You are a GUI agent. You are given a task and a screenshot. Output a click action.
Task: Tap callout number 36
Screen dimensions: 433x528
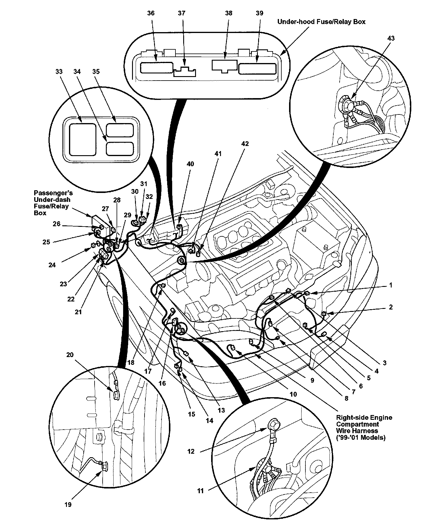pos(151,13)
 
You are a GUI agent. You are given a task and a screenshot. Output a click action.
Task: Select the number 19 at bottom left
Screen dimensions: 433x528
pos(68,505)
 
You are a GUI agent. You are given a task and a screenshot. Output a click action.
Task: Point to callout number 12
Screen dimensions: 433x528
pos(191,452)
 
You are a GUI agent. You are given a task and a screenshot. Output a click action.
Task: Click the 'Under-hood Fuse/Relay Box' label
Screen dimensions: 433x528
pos(321,22)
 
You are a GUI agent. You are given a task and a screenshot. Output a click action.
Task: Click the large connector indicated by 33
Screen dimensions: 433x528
pos(83,140)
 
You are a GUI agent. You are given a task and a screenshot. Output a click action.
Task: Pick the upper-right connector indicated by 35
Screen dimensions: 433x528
pos(120,130)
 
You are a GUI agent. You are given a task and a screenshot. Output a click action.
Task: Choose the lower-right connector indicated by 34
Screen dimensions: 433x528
pos(120,148)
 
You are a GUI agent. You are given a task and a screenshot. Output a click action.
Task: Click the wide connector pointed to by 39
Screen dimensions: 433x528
pos(257,69)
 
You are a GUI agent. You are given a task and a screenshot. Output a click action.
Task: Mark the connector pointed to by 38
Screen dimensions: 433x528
pos(225,66)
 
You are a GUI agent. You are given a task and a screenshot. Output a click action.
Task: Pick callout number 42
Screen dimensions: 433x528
pos(245,144)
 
